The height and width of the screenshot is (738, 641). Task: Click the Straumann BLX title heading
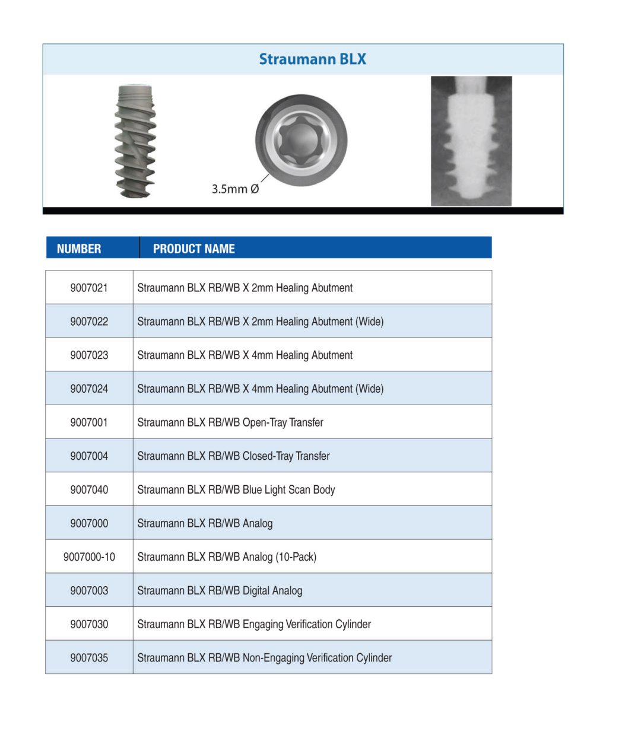312,59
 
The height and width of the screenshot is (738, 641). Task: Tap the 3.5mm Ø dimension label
235,189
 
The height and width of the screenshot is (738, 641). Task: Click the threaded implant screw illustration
135,141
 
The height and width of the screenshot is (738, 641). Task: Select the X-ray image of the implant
471,141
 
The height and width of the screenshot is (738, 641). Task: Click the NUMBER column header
78,249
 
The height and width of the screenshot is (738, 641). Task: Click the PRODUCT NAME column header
193,249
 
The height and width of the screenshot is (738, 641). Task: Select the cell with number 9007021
89,288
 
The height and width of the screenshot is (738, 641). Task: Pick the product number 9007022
89,322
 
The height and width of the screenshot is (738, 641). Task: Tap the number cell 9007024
89,389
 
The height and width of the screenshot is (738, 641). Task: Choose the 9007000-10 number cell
89,556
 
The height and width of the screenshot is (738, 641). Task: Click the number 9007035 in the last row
89,657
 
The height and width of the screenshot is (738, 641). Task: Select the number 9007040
89,489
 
